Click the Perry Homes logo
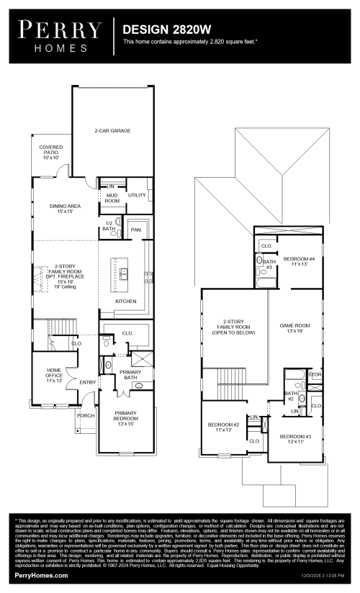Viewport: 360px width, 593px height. click(59, 36)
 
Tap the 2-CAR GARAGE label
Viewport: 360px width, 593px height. click(112, 132)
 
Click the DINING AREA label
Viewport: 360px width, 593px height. click(65, 209)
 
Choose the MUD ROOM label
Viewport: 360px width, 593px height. click(112, 199)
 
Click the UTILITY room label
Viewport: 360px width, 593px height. click(136, 195)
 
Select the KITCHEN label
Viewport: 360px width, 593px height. click(126, 301)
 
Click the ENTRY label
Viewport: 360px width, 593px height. click(88, 382)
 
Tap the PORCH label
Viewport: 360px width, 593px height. click(86, 415)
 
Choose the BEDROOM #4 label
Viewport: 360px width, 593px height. click(296, 261)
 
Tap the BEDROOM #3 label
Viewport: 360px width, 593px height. click(295, 439)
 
